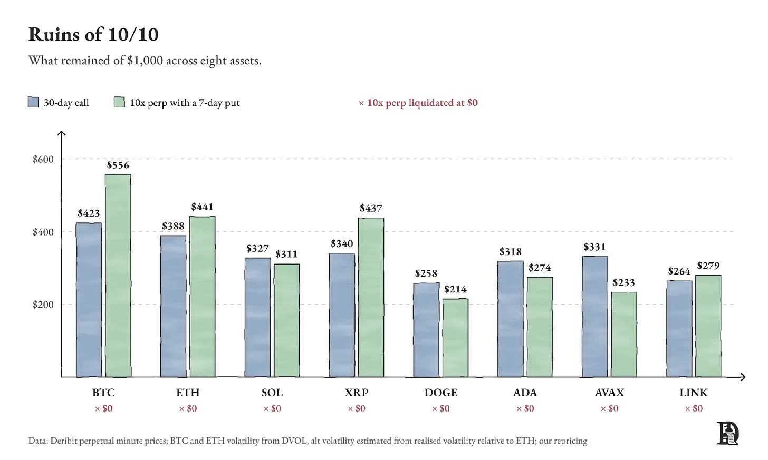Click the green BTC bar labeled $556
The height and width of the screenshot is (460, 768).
[x=118, y=276]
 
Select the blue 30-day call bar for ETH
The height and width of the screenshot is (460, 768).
[x=173, y=306]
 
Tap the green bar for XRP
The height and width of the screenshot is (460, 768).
[x=371, y=297]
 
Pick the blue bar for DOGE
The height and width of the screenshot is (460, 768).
[x=426, y=330]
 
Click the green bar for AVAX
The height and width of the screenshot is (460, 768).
[x=624, y=334]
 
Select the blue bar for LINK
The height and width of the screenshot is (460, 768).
[x=679, y=329]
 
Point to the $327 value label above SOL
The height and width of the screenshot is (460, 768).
[x=257, y=248]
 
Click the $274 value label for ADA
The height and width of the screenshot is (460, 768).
[x=540, y=267]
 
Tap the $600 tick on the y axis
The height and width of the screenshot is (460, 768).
[x=43, y=159]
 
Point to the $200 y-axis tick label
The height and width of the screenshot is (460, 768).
[x=43, y=305]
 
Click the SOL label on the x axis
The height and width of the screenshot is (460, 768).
[x=272, y=393]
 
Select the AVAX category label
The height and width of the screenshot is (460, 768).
[x=609, y=393]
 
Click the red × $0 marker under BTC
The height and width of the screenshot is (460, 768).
[x=103, y=408]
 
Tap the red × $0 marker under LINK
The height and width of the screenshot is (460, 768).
[x=694, y=408]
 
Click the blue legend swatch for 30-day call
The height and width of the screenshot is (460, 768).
[x=33, y=102]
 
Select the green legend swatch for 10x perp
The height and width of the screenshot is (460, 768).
[x=119, y=102]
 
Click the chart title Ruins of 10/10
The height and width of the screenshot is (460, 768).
[x=93, y=34]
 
